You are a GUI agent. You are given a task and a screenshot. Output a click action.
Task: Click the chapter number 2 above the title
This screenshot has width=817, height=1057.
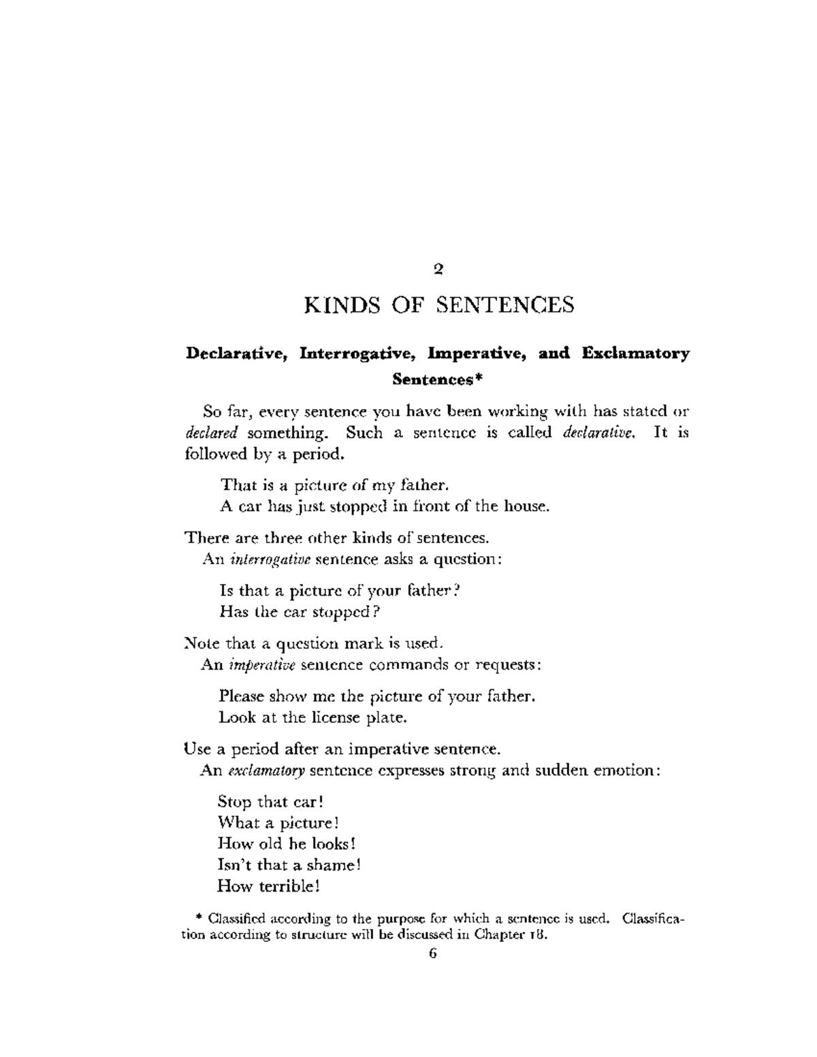coord(438,269)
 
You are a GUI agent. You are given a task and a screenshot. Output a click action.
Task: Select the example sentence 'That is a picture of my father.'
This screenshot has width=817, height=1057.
coord(334,485)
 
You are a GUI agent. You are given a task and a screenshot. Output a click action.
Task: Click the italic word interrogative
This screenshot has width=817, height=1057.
coord(270,559)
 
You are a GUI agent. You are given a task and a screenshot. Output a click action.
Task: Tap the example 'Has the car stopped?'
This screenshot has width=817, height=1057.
coord(300,612)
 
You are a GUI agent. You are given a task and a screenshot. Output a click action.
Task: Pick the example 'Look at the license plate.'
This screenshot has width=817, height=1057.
coord(313,717)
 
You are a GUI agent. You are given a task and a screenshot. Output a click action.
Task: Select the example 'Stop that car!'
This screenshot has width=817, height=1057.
coord(270,802)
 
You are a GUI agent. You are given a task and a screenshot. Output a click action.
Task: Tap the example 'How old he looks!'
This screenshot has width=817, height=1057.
coord(287,844)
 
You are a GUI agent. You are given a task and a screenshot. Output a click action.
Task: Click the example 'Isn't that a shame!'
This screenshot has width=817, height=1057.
coord(289,865)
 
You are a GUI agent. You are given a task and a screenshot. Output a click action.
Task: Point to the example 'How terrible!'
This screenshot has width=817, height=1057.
coord(268,886)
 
